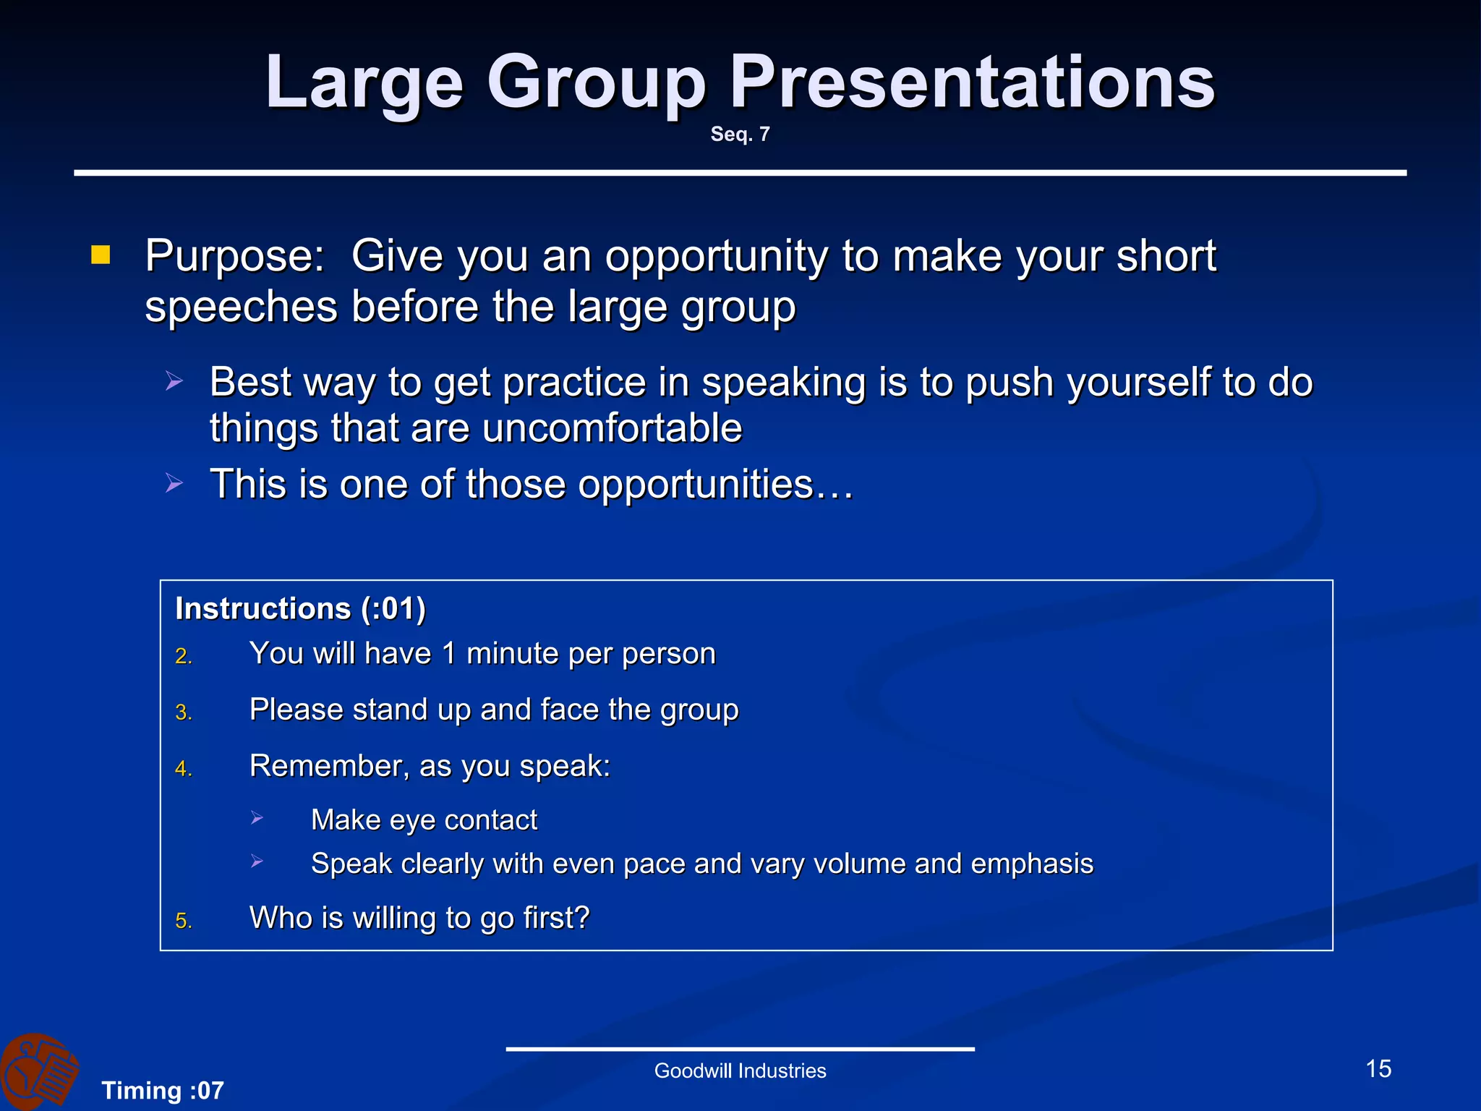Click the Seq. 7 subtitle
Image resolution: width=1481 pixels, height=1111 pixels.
[740, 134]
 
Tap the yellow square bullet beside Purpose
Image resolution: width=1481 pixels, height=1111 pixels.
[101, 255]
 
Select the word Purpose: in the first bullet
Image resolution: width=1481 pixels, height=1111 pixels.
[235, 257]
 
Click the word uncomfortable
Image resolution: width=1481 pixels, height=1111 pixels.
[612, 427]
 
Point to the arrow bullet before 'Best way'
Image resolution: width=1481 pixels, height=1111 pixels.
[174, 380]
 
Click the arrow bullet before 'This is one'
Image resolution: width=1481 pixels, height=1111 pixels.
[174, 482]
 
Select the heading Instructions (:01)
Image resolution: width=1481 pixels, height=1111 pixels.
[300, 608]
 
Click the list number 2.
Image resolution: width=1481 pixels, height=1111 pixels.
[183, 656]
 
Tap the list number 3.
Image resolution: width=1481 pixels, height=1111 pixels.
[183, 712]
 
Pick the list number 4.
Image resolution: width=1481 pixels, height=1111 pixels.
[183, 769]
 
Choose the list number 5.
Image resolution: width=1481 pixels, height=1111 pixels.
[183, 921]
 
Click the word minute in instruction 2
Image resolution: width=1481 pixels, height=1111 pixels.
[513, 653]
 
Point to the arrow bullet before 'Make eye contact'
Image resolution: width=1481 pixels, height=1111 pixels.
[257, 818]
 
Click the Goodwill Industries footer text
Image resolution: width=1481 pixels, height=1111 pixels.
[740, 1070]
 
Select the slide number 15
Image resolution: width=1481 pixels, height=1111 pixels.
[1378, 1068]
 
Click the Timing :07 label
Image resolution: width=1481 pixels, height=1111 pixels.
[163, 1090]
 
